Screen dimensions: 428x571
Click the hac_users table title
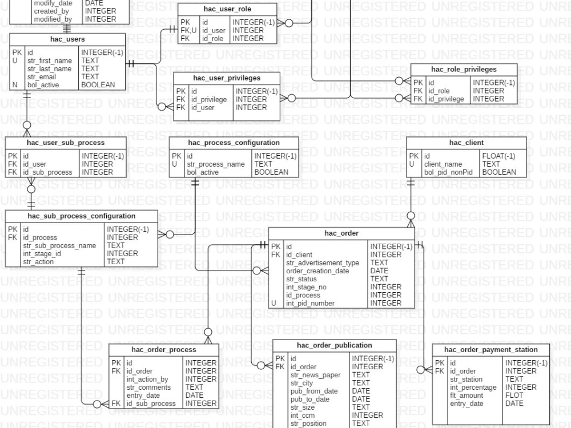67,39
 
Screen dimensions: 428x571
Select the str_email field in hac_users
42,77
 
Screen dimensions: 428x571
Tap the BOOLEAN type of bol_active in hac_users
98,85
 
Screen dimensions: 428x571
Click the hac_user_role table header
227,9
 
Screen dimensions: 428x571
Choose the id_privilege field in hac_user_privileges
209,99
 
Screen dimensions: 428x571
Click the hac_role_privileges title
464,69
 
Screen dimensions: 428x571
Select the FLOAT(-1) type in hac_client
498,156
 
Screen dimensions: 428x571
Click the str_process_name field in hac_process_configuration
216,164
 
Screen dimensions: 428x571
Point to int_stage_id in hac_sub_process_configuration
42,253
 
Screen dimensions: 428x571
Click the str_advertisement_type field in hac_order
323,263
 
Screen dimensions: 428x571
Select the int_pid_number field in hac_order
310,303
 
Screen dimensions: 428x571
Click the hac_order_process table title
163,350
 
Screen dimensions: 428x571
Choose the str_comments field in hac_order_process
148,387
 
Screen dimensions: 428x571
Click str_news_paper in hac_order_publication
315,375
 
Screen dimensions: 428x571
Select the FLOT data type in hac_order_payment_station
514,395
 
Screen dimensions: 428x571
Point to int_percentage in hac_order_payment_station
473,387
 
